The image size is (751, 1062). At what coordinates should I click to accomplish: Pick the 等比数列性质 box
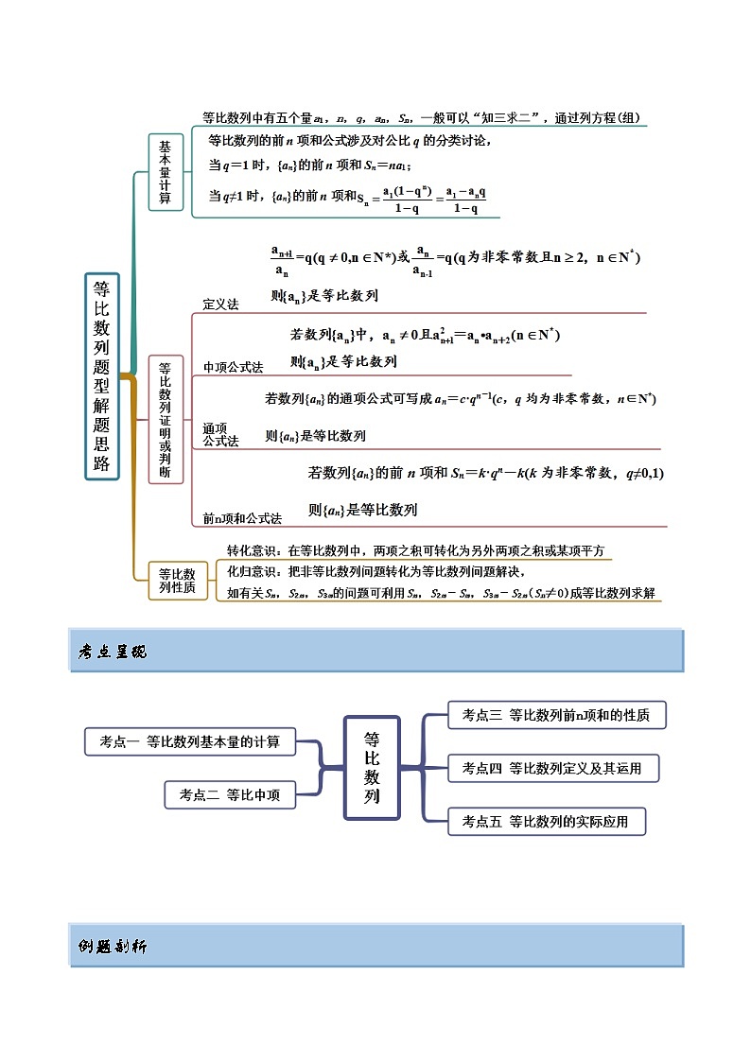pyautogui.click(x=177, y=580)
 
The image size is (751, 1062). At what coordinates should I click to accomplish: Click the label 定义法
pyautogui.click(x=221, y=305)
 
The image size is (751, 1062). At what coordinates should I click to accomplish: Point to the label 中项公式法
pyautogui.click(x=233, y=367)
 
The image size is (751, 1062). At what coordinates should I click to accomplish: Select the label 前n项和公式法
pyautogui.click(x=242, y=518)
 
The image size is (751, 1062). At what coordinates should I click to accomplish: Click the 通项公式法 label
pyautogui.click(x=220, y=435)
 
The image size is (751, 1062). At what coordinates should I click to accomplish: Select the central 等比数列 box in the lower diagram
pyautogui.click(x=372, y=767)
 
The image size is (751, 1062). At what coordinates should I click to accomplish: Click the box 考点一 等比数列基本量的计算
pyautogui.click(x=190, y=741)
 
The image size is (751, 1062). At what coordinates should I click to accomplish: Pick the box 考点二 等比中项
pyautogui.click(x=230, y=794)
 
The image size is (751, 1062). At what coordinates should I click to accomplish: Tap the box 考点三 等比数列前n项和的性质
pyautogui.click(x=555, y=715)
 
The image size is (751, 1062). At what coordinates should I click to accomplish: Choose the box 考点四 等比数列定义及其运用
pyautogui.click(x=551, y=768)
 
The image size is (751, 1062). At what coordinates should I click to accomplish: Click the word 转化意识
pyautogui.click(x=252, y=550)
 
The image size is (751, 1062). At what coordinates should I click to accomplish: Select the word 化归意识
pyautogui.click(x=252, y=571)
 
